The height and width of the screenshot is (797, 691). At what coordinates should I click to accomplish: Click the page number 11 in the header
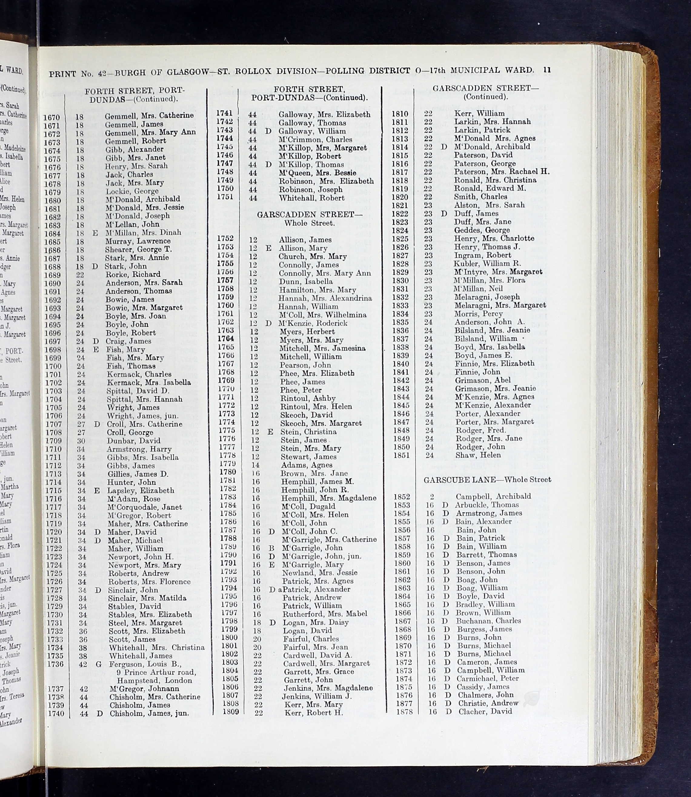coord(547,70)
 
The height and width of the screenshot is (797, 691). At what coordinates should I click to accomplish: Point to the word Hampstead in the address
coord(136,681)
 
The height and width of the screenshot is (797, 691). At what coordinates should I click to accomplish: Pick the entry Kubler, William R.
coord(487,264)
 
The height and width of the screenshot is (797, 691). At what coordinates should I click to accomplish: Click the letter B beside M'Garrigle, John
coord(272,548)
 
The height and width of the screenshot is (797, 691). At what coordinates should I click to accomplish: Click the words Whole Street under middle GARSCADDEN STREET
coord(309,223)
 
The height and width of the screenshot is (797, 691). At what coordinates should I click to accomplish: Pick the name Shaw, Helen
coord(478,455)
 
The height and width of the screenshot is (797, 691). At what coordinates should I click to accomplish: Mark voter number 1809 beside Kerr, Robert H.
coord(231,712)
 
